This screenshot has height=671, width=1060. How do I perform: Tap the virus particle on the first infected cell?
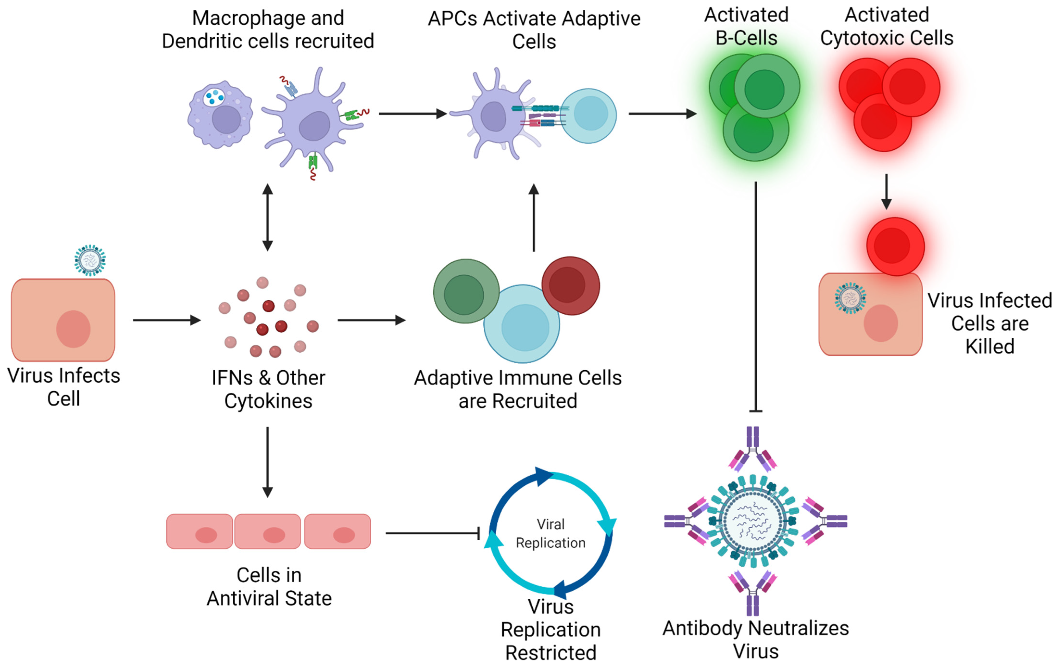(90, 260)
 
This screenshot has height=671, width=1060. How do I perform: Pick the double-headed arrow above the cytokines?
(267, 217)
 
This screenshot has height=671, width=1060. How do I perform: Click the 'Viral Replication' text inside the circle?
(550, 533)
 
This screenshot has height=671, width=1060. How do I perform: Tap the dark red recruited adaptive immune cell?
(570, 285)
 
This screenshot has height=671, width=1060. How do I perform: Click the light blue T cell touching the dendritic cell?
(589, 115)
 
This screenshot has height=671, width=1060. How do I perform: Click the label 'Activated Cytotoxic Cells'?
(886, 26)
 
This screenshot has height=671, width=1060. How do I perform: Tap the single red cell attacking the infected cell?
(895, 246)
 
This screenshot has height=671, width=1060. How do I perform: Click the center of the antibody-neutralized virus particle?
(753, 521)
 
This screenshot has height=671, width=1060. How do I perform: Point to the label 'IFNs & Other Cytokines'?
(268, 389)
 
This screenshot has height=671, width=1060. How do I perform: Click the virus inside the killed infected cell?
(850, 298)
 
